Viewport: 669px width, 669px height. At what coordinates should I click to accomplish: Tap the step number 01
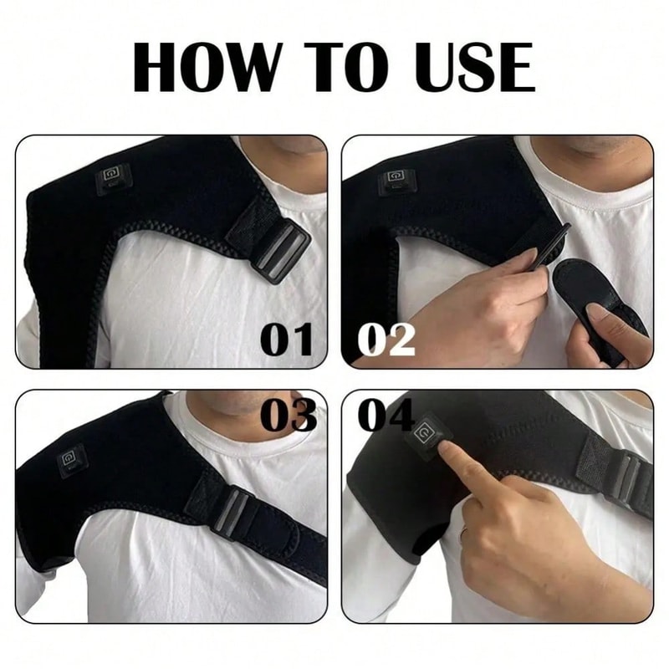pos(288,340)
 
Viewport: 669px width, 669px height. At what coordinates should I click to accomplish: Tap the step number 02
pos(387,340)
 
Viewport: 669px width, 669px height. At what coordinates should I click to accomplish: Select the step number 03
pos(288,415)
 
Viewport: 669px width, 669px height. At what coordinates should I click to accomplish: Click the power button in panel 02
pos(396,179)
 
